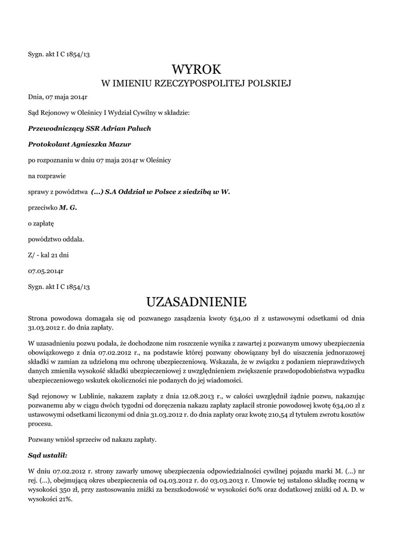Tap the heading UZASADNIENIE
[196, 301]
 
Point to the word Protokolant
[48, 144]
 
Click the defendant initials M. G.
[68, 207]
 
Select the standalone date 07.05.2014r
[46, 270]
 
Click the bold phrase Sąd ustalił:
[48, 456]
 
